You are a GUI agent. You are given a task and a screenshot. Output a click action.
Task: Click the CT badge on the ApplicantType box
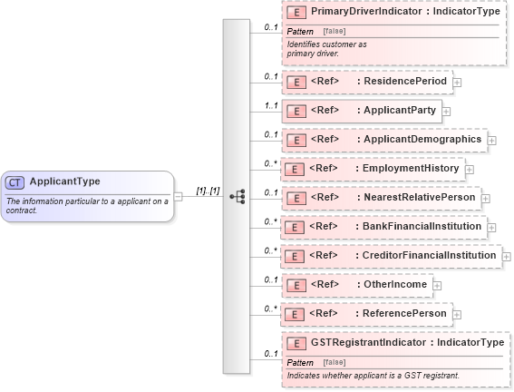(15, 181)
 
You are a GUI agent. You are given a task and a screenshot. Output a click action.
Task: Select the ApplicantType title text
(64, 181)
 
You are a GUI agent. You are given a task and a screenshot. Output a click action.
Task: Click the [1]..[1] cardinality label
(208, 191)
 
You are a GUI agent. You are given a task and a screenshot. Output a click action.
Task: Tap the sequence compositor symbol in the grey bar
(238, 196)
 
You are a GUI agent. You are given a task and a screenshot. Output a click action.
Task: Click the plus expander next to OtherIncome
(437, 285)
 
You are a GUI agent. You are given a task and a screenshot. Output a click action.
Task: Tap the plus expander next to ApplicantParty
(447, 112)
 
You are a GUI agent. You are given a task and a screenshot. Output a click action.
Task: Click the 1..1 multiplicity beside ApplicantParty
(270, 106)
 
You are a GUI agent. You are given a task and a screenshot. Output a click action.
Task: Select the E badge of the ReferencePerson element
(295, 314)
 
